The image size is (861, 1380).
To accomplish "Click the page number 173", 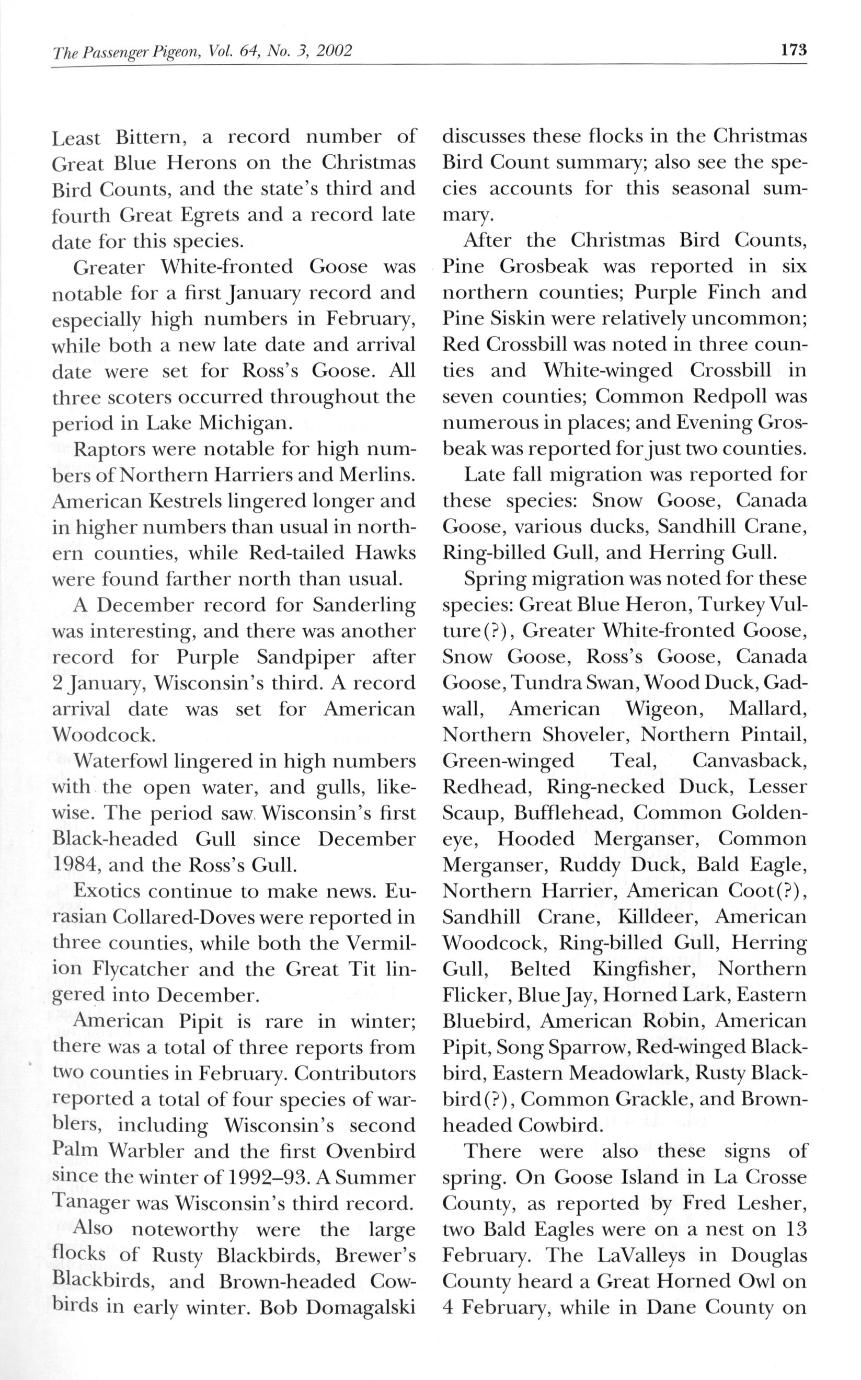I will (x=794, y=51).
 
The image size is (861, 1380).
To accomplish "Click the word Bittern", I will (x=151, y=139).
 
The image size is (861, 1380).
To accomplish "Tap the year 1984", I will (x=74, y=866).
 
